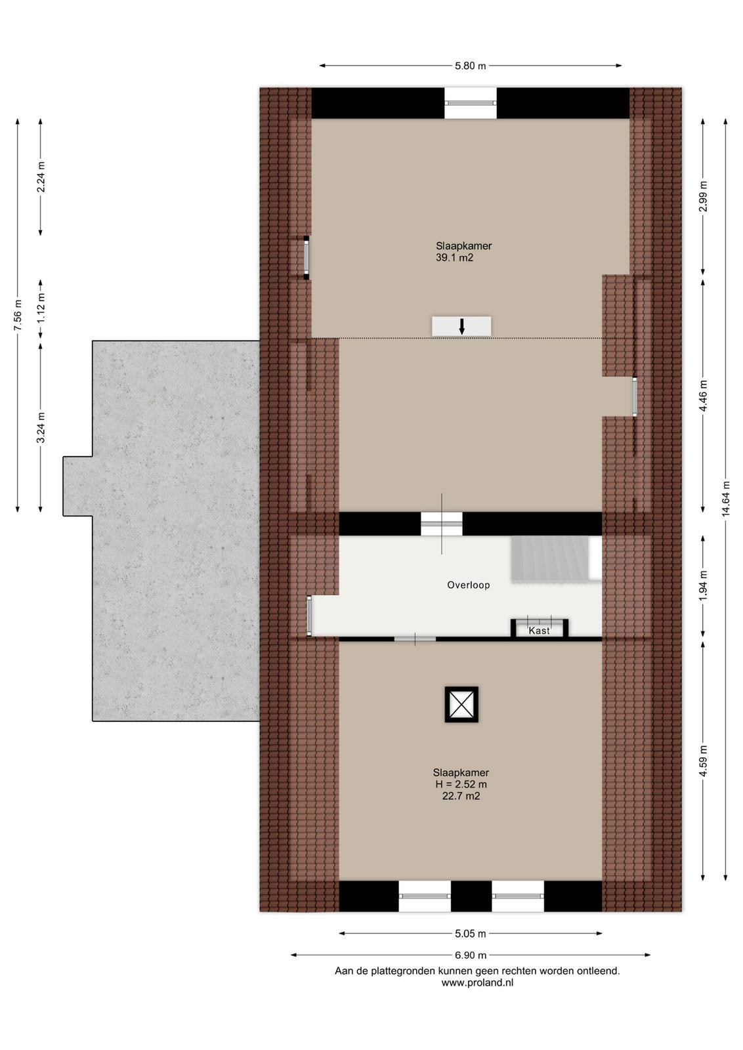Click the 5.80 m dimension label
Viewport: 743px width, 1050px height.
[470, 66]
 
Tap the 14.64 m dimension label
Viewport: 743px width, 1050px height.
[726, 499]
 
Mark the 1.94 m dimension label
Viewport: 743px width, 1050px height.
[703, 586]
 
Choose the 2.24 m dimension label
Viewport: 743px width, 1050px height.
[41, 177]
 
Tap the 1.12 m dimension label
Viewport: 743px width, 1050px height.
[41, 308]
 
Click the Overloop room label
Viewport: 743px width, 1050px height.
[468, 585]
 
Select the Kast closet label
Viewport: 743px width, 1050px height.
[539, 631]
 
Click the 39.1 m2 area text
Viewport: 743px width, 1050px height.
[454, 257]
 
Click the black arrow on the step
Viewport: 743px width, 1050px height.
[461, 326]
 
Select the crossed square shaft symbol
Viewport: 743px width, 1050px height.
[461, 705]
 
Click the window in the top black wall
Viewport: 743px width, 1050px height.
[470, 102]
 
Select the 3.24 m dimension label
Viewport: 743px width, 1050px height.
[41, 427]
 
